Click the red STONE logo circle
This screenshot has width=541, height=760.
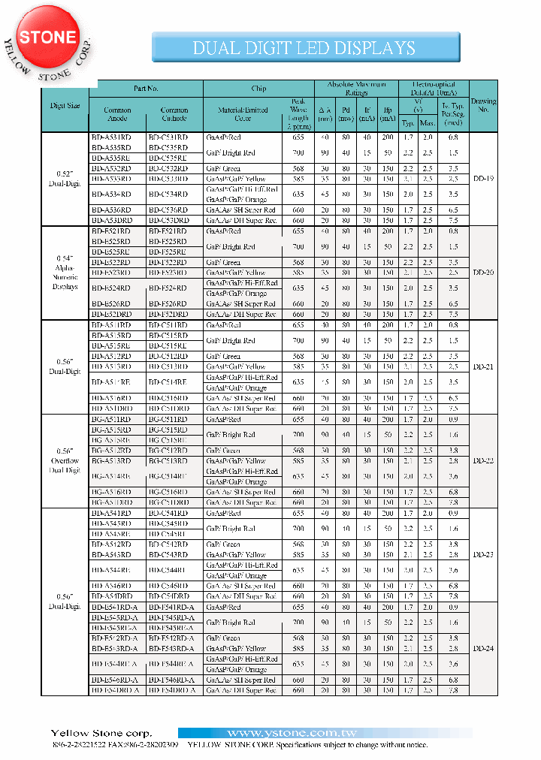(48, 38)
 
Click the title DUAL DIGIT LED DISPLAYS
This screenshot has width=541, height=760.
(304, 48)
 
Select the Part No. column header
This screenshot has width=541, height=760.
(146, 89)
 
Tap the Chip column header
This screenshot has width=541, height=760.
(258, 89)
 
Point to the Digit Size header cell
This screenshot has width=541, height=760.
(64, 106)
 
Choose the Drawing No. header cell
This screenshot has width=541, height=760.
(483, 105)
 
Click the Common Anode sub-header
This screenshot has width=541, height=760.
(117, 115)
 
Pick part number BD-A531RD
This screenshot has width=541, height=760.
(111, 138)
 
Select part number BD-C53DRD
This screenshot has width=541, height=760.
(174, 221)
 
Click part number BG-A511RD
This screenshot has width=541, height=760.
(111, 419)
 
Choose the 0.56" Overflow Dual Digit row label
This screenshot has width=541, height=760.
(64, 460)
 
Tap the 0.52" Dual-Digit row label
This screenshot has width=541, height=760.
(64, 179)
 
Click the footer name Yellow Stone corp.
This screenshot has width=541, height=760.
(101, 733)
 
